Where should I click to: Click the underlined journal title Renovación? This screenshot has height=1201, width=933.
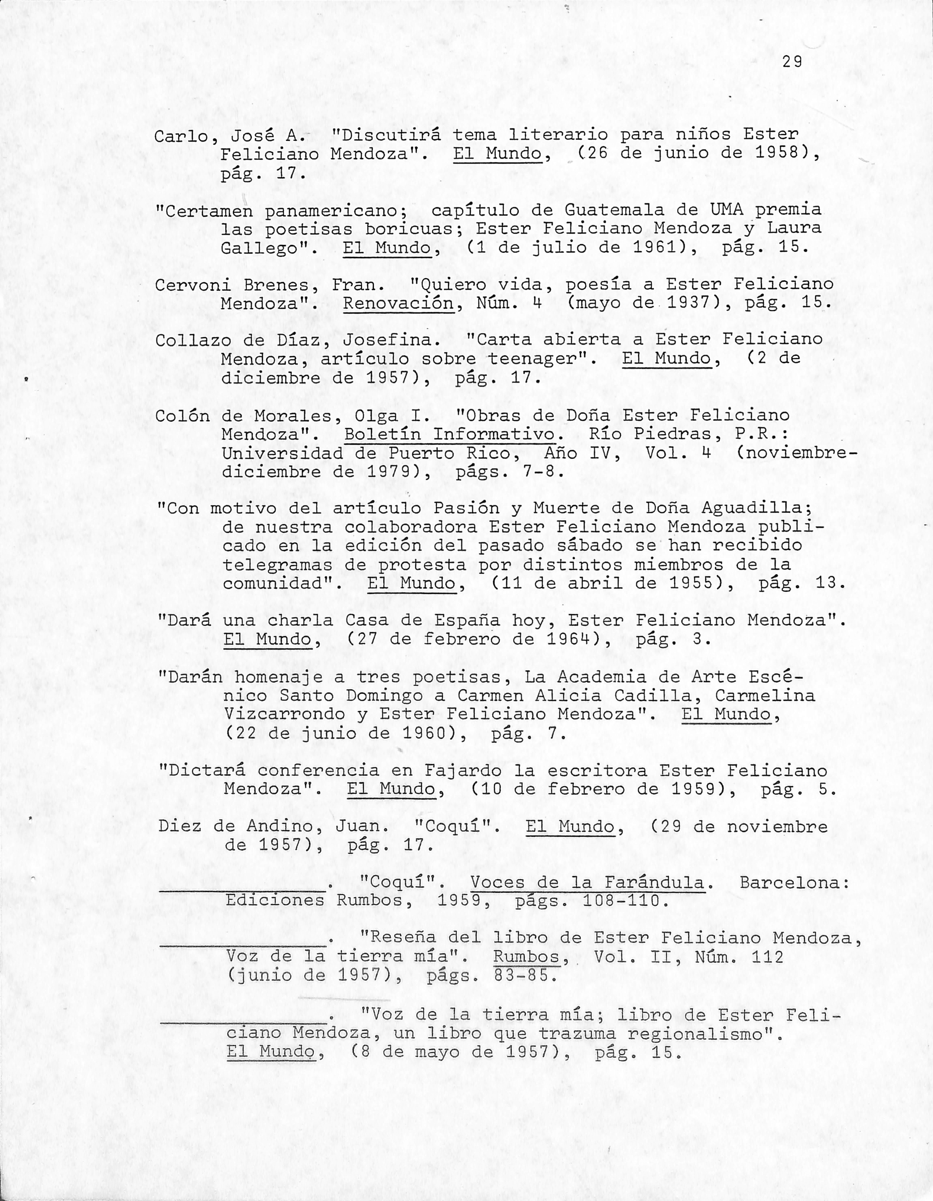(398, 303)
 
